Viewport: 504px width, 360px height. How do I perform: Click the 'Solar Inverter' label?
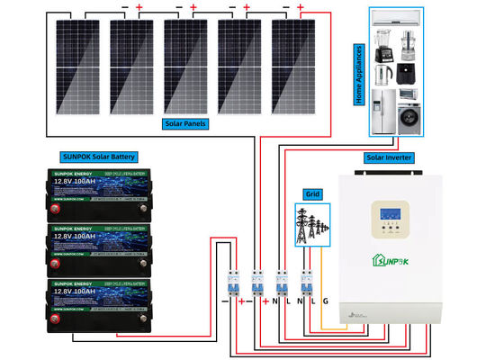click(x=389, y=157)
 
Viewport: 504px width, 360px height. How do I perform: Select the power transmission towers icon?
click(x=312, y=222)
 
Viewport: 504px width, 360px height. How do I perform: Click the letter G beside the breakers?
click(x=326, y=301)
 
